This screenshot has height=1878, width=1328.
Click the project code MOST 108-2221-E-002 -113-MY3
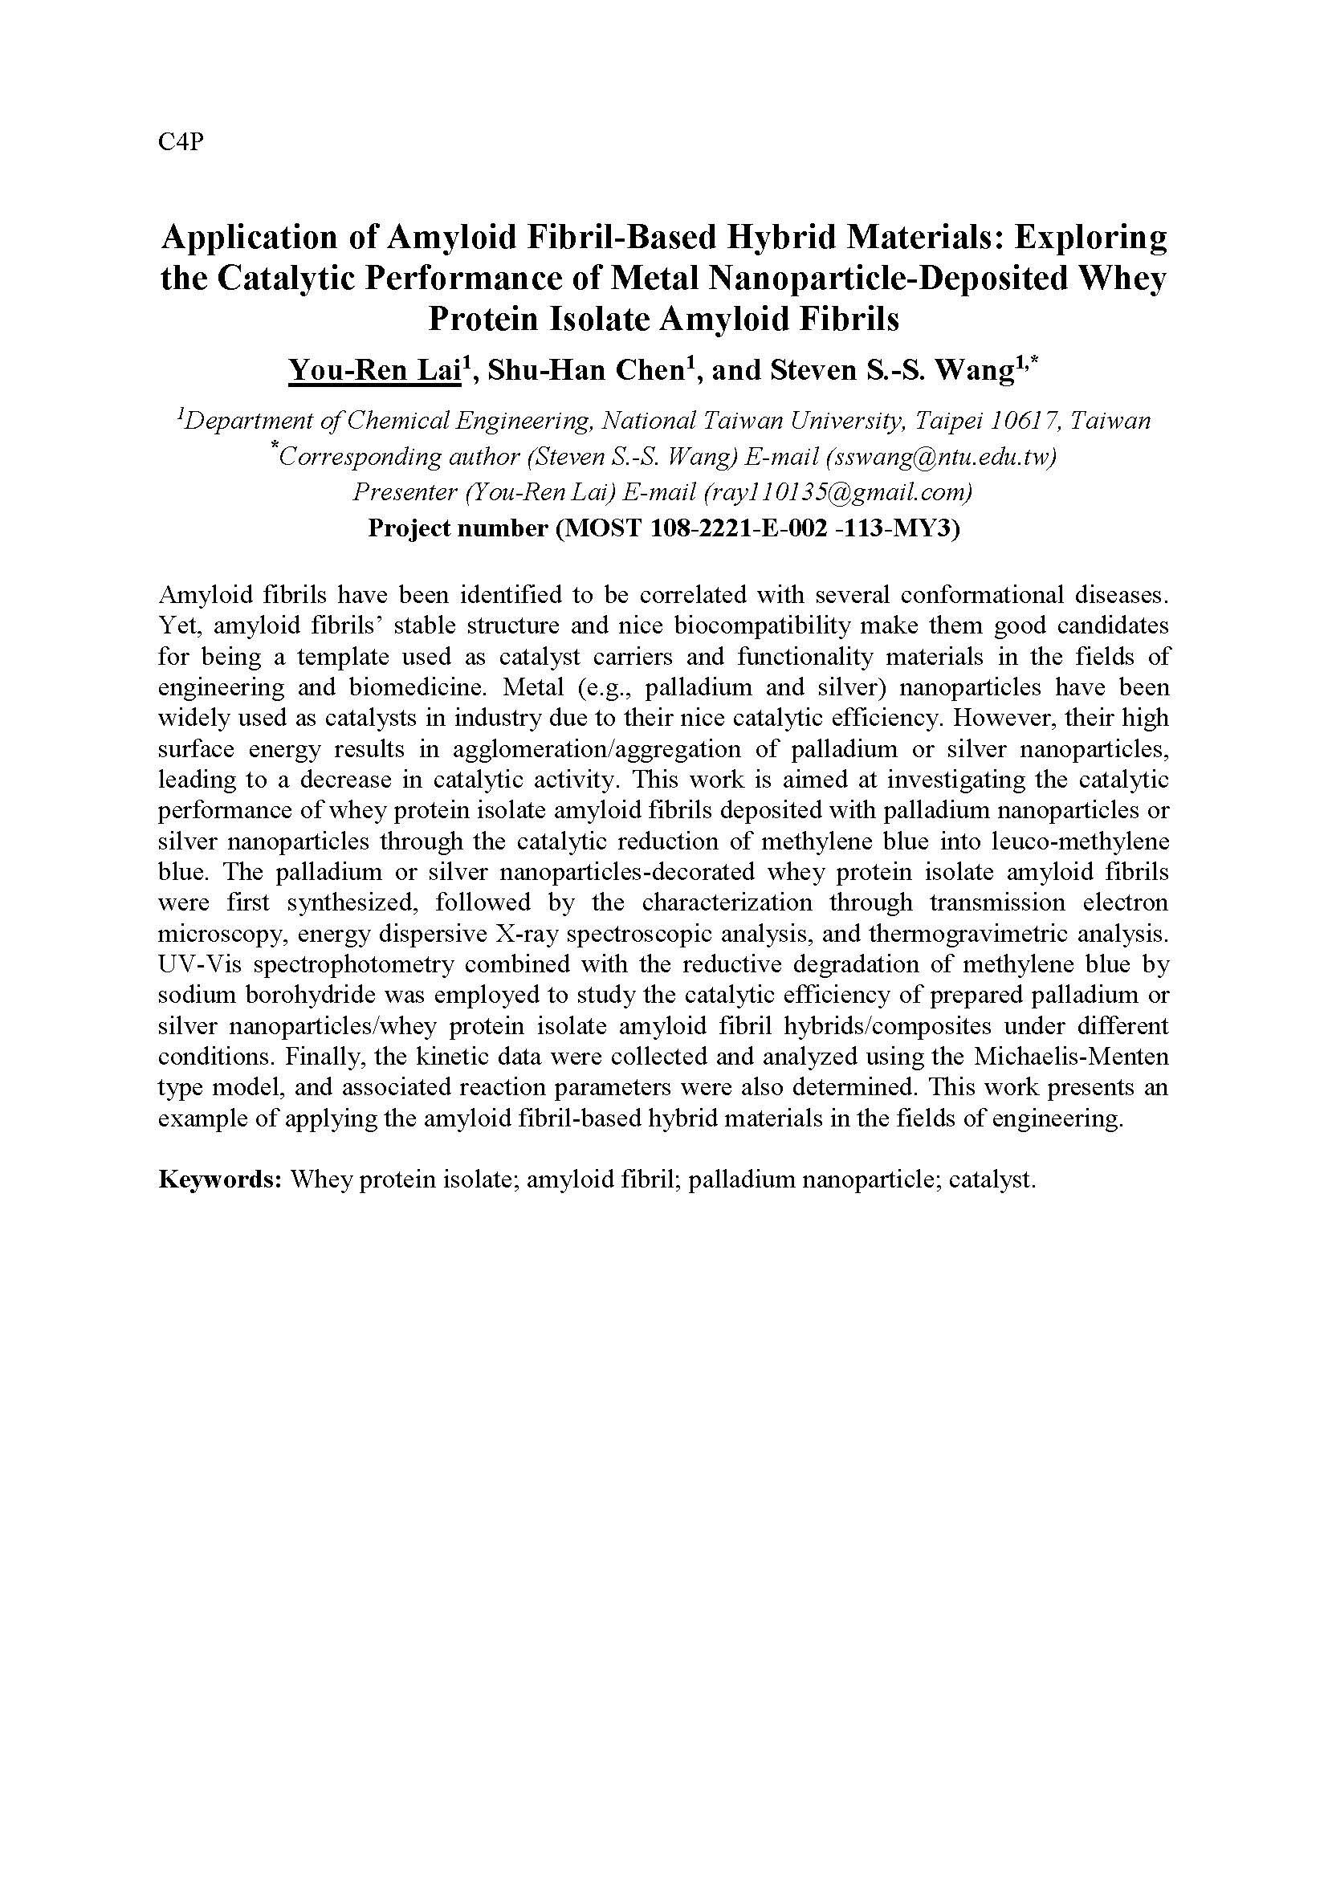757,528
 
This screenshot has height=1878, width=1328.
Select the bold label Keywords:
220,1179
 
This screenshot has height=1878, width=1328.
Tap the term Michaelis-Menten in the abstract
1071,1057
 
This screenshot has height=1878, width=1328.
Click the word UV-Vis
201,964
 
